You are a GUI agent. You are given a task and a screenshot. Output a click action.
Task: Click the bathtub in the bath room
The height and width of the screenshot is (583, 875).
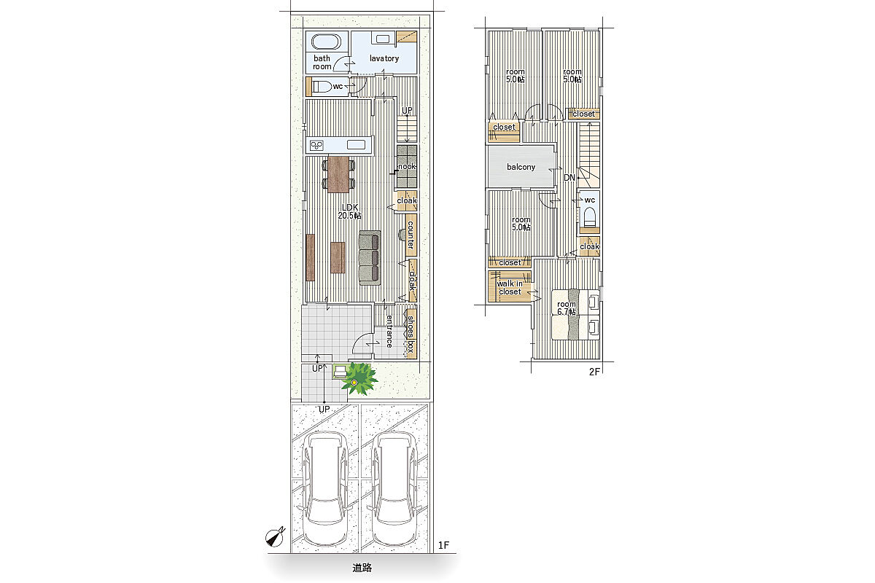point(326,42)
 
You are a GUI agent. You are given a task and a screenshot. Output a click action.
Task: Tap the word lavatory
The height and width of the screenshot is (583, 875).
point(384,58)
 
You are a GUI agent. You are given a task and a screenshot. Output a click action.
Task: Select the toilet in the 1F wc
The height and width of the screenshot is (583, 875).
point(322,86)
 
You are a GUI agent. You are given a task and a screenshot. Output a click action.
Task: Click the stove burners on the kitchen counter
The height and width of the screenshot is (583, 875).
point(316,146)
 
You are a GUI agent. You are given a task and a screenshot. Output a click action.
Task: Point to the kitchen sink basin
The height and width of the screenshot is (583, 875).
point(356,145)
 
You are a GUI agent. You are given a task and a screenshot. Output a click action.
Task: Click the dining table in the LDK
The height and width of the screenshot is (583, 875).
point(338,174)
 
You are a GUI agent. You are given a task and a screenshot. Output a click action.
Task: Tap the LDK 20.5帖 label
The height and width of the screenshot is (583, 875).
point(349,211)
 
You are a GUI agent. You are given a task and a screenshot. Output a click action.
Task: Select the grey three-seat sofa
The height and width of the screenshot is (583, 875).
point(370,258)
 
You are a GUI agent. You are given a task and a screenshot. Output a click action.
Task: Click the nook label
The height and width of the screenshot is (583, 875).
point(407,166)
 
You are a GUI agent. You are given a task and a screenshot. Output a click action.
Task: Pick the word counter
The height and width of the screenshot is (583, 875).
point(411,235)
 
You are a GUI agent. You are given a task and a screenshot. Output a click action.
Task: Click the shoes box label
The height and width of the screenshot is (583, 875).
point(411,334)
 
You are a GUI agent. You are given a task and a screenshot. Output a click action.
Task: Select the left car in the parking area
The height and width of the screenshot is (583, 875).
point(325,488)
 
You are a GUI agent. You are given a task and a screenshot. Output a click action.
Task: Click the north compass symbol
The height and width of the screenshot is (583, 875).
point(275,537)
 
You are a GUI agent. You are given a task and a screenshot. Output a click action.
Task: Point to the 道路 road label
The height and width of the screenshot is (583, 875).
point(362,568)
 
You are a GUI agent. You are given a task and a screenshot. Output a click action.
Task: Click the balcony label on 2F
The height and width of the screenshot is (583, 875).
point(521,167)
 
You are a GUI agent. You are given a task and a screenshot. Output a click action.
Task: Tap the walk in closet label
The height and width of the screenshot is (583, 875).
point(510,288)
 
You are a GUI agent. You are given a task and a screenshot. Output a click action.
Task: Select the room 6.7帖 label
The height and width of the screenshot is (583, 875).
point(567,308)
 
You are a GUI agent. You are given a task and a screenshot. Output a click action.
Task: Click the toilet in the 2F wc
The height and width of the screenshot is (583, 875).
point(589,216)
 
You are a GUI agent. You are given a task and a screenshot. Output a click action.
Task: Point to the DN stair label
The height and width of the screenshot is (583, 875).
point(569,178)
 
